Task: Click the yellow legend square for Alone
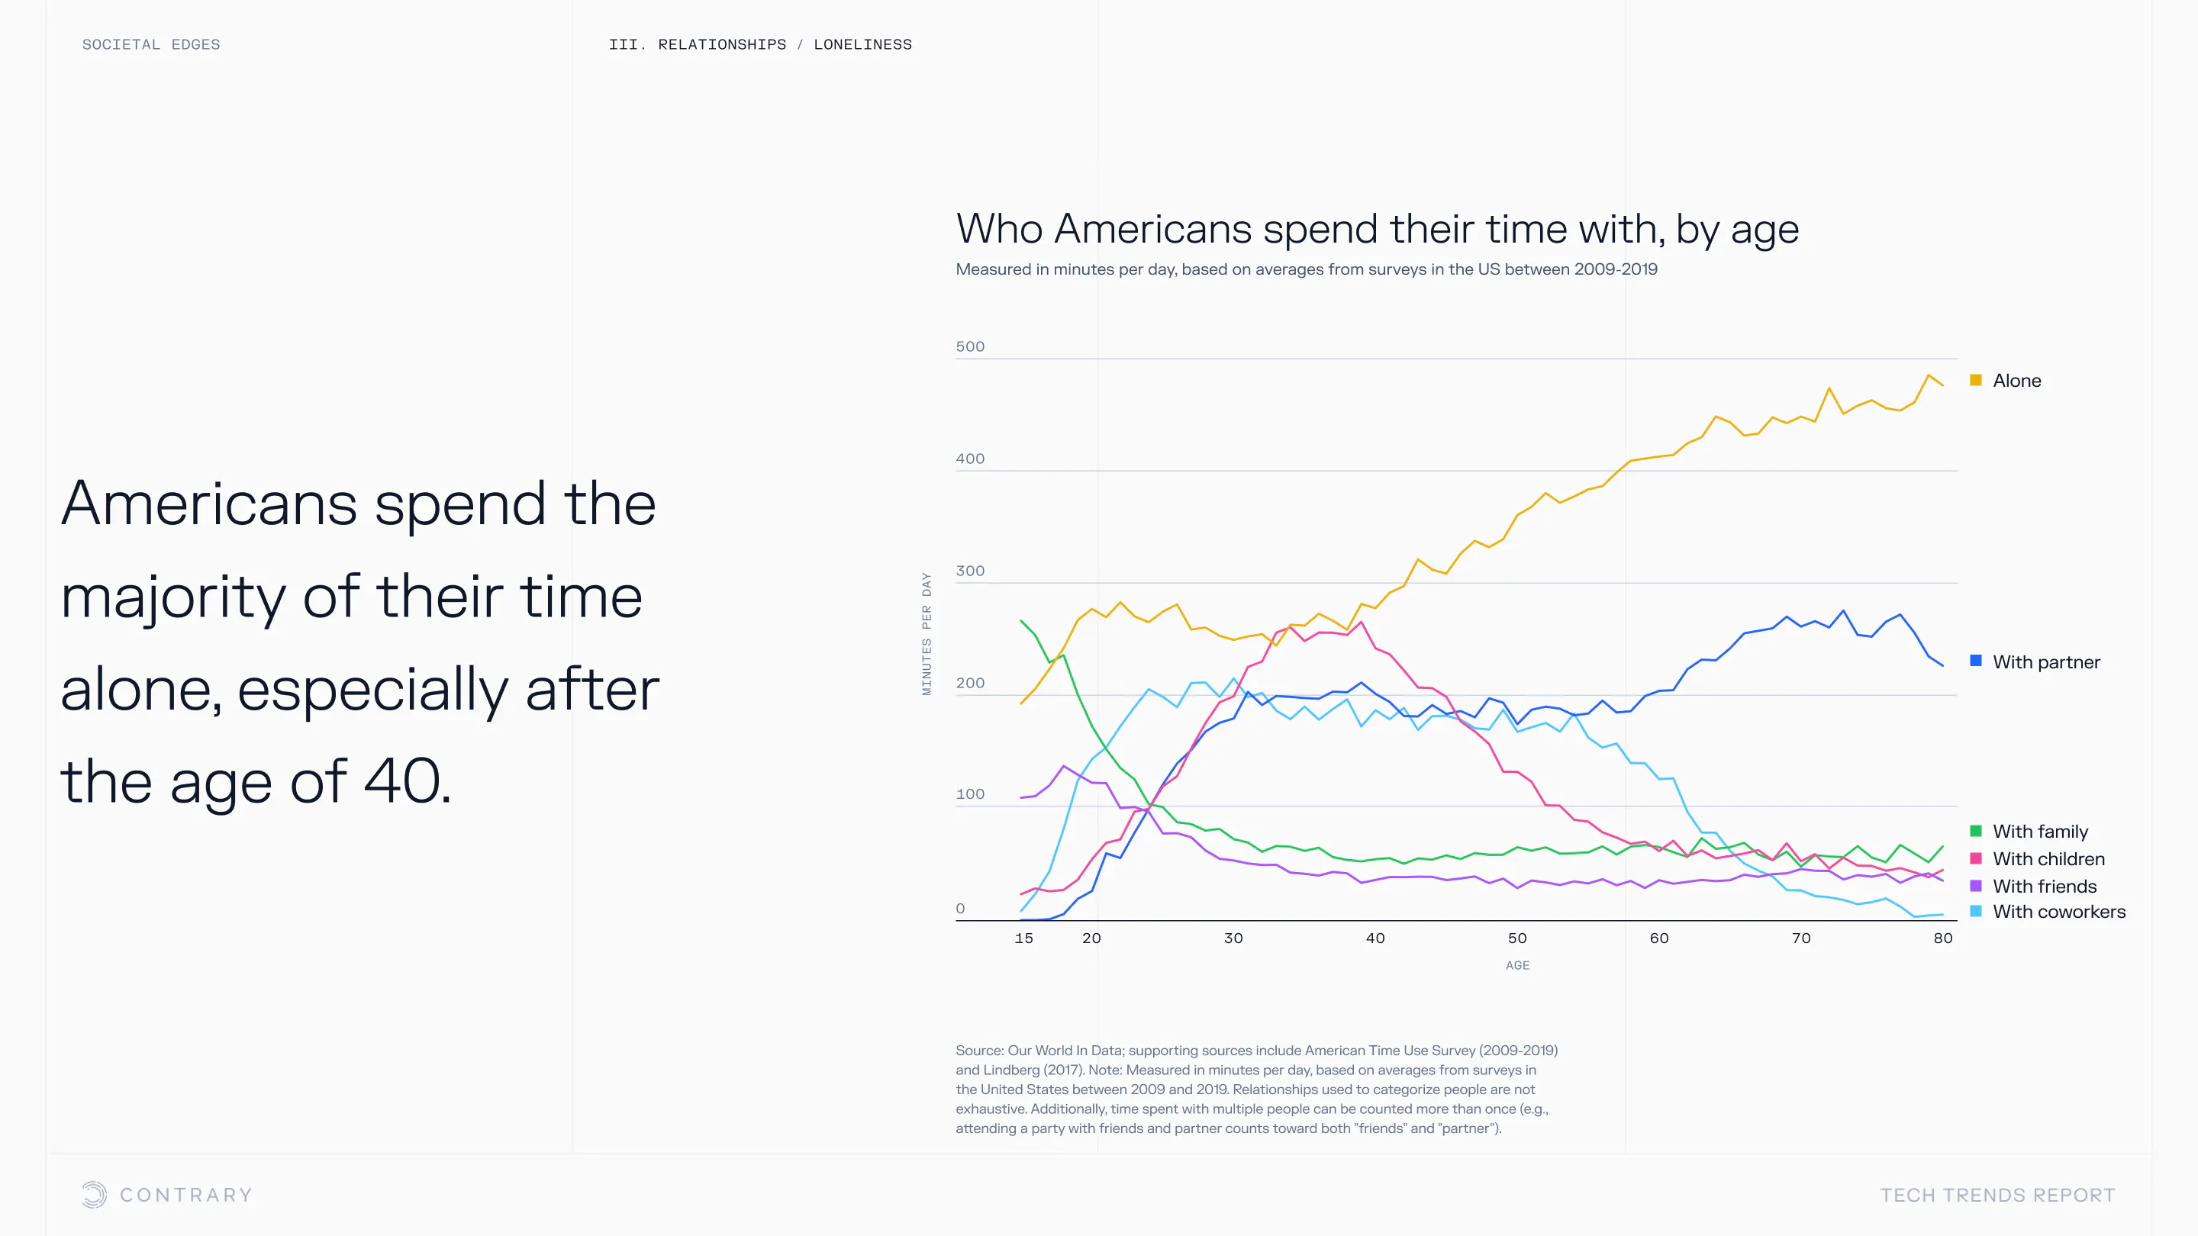coord(1975,381)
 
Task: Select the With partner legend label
coord(2045,662)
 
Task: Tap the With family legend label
coord(2039,832)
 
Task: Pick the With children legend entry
coord(2048,859)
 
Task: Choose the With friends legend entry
coord(2044,887)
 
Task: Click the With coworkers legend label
coord(2058,912)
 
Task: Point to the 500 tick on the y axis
coord(970,346)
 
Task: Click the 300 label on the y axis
coord(970,571)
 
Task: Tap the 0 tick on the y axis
coord(961,909)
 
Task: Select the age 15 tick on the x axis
coord(1024,938)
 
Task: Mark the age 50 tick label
coord(1517,938)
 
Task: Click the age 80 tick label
coord(1943,938)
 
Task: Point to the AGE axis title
coord(1518,966)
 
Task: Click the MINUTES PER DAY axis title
coord(927,634)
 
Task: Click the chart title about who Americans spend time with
coord(1377,229)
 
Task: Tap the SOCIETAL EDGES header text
coord(151,44)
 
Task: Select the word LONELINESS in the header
coord(862,44)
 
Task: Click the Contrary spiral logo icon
coord(95,1194)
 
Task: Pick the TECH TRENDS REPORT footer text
coord(1997,1195)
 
